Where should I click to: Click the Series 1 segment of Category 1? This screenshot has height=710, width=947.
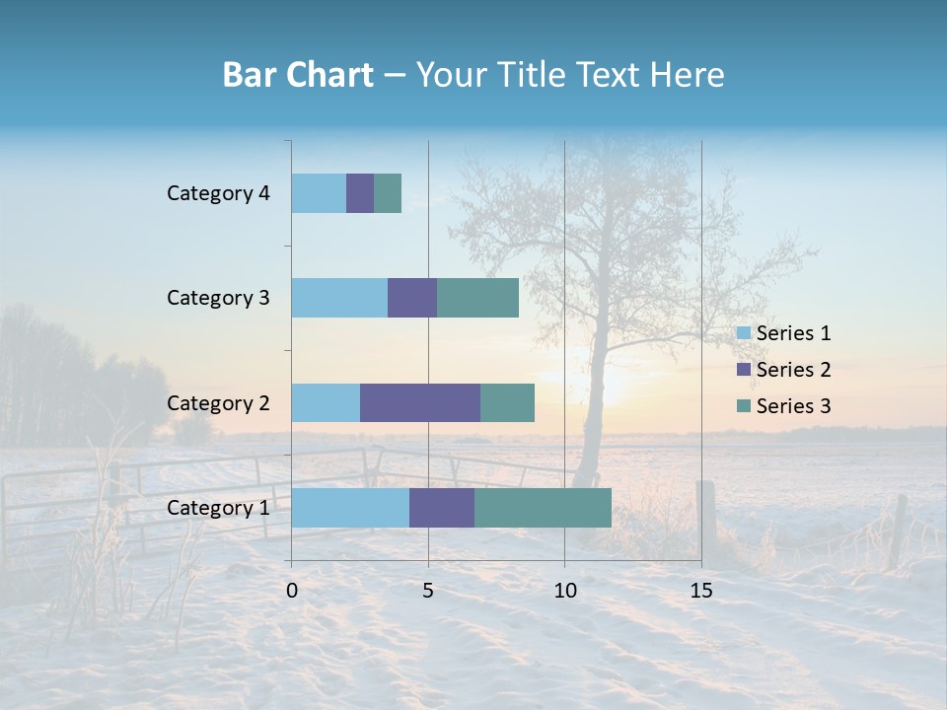click(350, 507)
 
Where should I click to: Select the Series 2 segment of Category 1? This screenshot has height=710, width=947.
click(442, 507)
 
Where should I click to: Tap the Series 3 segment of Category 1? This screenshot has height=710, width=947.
click(543, 507)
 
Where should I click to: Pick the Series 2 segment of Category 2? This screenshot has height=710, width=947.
click(420, 402)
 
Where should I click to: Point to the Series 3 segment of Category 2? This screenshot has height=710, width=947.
click(507, 402)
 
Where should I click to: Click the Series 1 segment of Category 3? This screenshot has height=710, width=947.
click(339, 298)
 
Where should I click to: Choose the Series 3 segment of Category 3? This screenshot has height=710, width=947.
click(477, 298)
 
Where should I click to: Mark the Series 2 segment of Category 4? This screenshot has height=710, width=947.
click(360, 193)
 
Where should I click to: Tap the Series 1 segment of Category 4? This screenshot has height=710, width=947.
click(319, 193)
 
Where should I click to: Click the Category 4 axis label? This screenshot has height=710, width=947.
click(218, 193)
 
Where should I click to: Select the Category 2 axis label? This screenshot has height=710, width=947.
click(218, 402)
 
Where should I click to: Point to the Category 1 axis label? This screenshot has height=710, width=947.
click(218, 508)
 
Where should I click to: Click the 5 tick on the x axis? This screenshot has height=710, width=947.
click(428, 591)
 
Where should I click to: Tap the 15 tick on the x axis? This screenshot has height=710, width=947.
click(701, 591)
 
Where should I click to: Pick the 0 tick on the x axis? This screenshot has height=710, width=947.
click(292, 591)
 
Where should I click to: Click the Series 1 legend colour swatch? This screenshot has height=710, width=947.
click(744, 333)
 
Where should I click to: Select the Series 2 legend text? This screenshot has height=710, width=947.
click(793, 370)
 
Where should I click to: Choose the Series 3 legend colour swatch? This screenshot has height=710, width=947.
click(744, 406)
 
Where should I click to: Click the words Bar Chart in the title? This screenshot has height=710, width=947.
click(298, 75)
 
